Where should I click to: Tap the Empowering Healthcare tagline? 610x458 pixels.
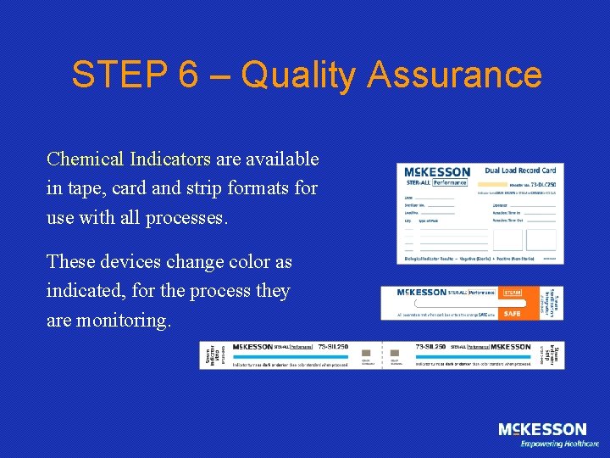tap(559, 444)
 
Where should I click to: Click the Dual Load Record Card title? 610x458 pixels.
tap(521, 170)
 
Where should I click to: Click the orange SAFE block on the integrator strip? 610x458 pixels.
tap(513, 313)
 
